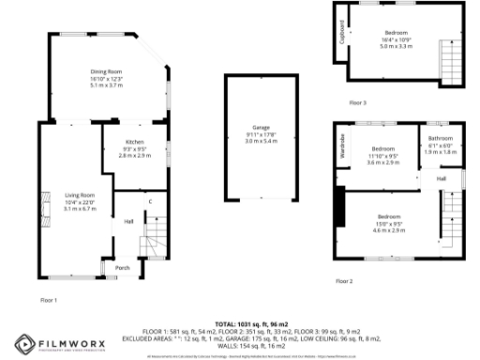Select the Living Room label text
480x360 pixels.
pyautogui.click(x=80, y=195)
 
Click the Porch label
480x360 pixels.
pyautogui.click(x=122, y=267)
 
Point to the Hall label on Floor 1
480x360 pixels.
pyautogui.click(x=128, y=222)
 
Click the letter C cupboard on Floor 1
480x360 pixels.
pyautogui.click(x=149, y=202)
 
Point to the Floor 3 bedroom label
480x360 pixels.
pyautogui.click(x=397, y=32)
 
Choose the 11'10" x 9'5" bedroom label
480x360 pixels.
pyautogui.click(x=382, y=149)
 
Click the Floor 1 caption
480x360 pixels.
pyautogui.click(x=49, y=300)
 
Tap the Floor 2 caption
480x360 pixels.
pyautogui.click(x=345, y=280)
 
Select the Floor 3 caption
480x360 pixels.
pyautogui.click(x=357, y=102)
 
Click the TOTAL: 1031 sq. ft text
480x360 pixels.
pyautogui.click(x=240, y=321)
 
